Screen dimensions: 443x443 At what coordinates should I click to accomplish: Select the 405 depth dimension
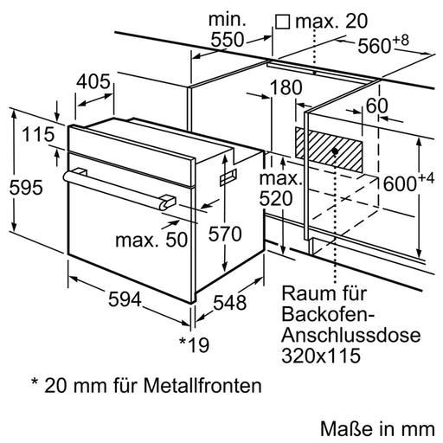(x=93, y=82)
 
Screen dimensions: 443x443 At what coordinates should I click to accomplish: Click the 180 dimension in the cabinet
(x=285, y=87)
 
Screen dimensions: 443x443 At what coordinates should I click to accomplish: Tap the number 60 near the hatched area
(x=376, y=106)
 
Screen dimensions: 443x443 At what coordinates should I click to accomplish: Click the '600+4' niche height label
(x=407, y=182)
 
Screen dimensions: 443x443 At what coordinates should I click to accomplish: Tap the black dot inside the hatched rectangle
(x=334, y=151)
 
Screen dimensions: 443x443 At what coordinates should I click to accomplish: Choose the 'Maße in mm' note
(x=375, y=427)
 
